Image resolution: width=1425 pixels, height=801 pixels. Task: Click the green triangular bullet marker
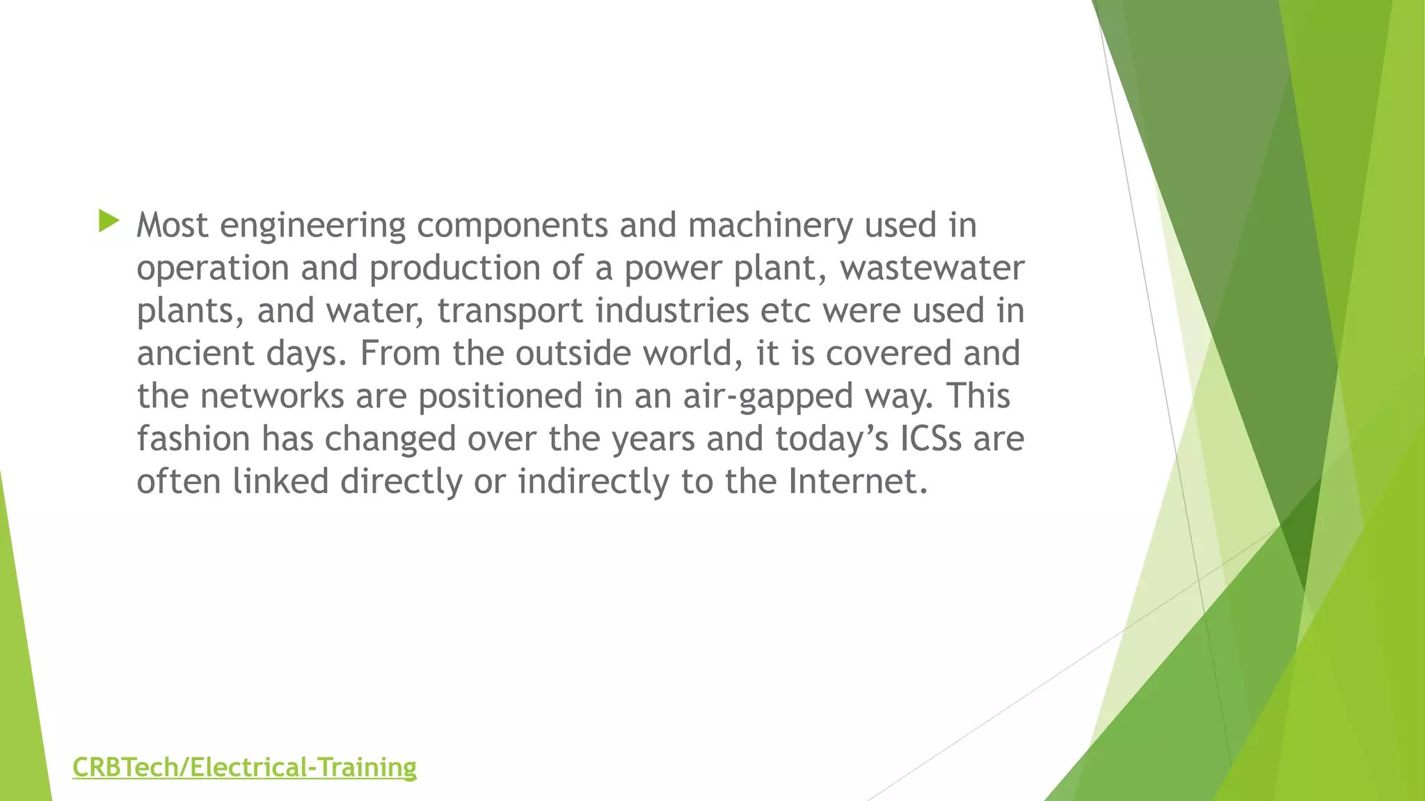coord(109,222)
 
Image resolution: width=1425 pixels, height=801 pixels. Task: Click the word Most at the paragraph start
coord(173,225)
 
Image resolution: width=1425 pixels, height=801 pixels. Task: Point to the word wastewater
coord(932,268)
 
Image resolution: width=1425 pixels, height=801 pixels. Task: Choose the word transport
coord(510,311)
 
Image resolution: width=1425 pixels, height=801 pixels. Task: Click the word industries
coord(672,310)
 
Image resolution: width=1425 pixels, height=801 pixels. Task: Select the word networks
coord(272,396)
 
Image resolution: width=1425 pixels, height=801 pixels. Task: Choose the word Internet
coord(858,481)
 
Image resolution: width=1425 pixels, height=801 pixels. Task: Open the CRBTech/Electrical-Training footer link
coord(244,768)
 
